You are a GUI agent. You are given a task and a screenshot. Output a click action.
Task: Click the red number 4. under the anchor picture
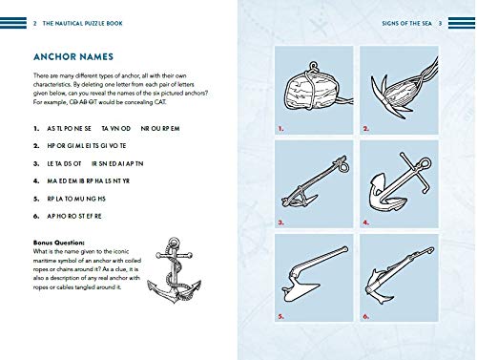click(x=365, y=222)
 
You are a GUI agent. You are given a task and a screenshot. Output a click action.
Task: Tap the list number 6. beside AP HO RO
click(x=35, y=219)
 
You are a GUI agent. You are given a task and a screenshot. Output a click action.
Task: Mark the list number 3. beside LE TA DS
click(x=35, y=164)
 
